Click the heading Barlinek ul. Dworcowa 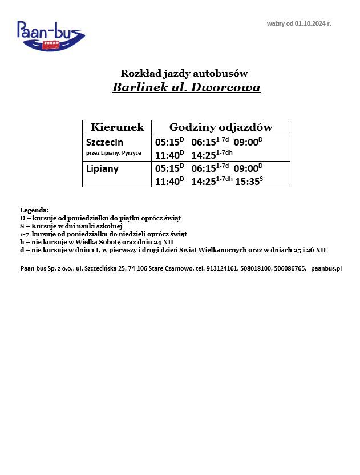click(x=186, y=88)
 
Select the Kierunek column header click(x=118, y=127)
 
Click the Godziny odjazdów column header click(x=221, y=127)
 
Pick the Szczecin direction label click(x=104, y=142)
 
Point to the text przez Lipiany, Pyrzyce click(x=114, y=153)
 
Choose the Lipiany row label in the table click(x=102, y=168)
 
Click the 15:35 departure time click(x=246, y=182)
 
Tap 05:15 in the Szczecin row click(x=167, y=142)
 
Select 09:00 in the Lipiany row click(x=246, y=168)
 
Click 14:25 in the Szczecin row click(x=204, y=155)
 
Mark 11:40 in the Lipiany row click(x=167, y=182)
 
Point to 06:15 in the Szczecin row click(x=204, y=142)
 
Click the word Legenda click(x=34, y=210)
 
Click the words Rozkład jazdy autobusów click(x=184, y=73)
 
